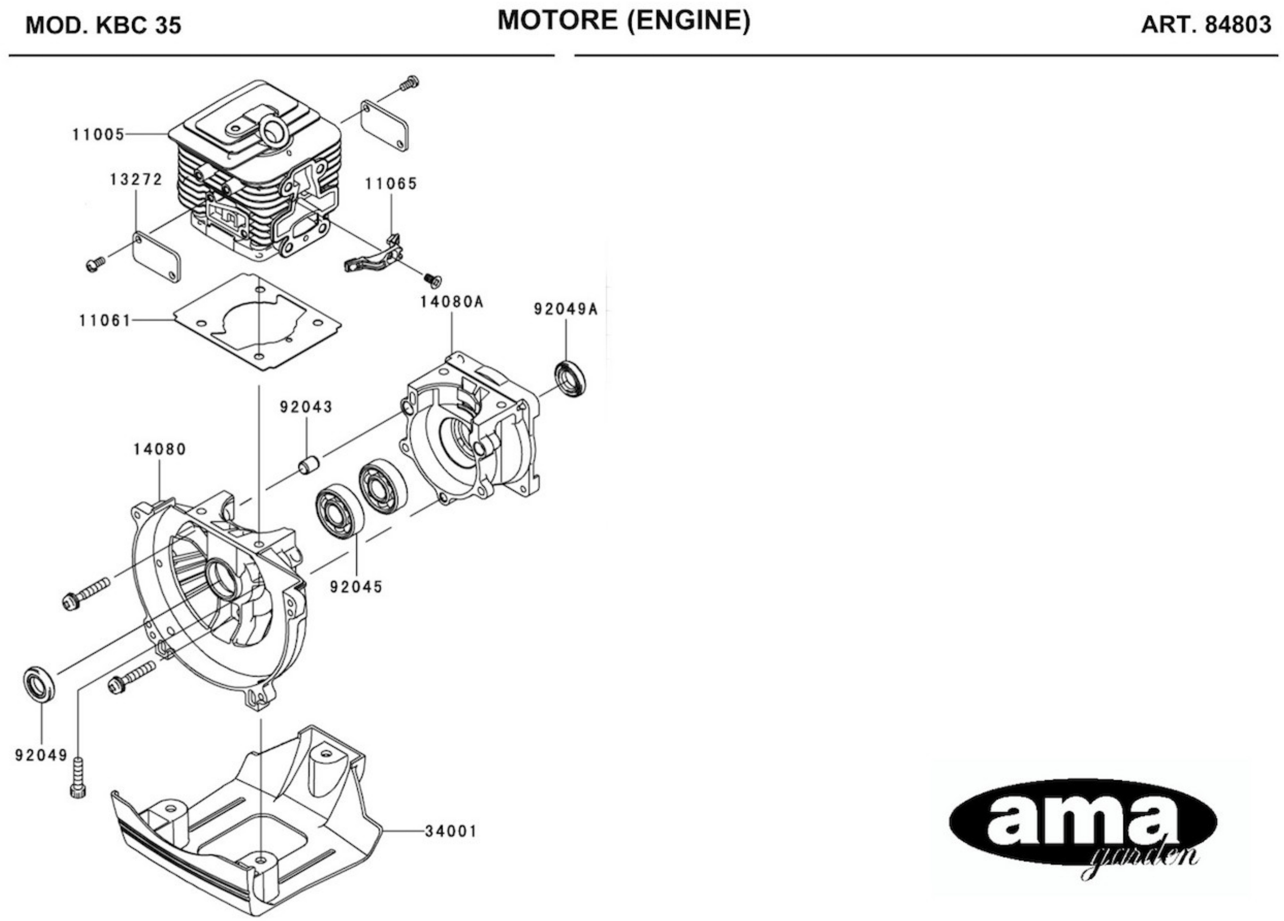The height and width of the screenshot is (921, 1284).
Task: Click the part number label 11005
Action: [98, 135]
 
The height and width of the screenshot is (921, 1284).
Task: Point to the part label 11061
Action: [105, 321]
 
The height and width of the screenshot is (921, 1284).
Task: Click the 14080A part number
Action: [451, 302]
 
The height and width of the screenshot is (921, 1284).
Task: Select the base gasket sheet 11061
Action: [258, 322]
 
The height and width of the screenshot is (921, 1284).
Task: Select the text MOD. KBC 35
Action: [104, 26]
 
